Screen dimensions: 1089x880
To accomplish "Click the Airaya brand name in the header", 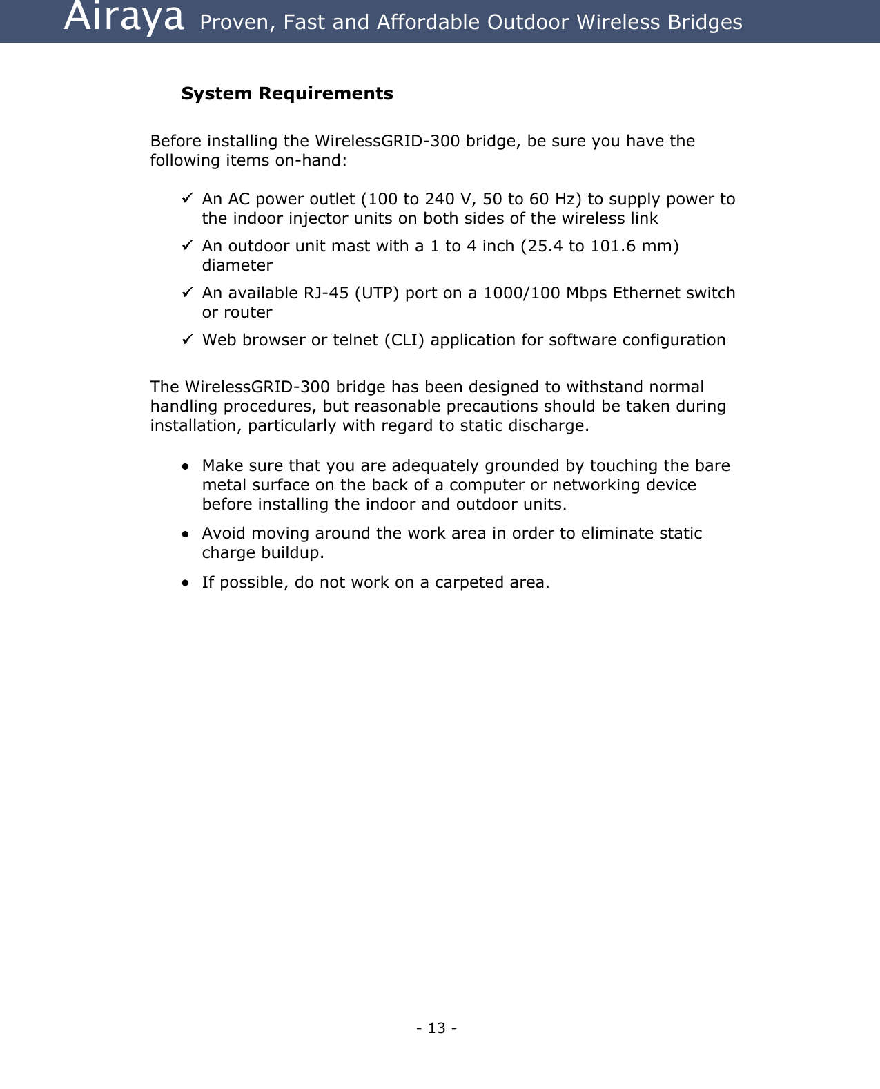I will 124,18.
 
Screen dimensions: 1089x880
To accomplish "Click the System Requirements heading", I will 287,93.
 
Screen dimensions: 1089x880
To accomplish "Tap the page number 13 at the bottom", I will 436,1028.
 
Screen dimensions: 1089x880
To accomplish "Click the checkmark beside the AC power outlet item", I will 187,198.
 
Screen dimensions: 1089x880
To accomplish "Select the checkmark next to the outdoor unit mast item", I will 187,245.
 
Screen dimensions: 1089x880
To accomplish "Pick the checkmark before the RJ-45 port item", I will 187,292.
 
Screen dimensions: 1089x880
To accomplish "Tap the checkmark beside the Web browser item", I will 187,339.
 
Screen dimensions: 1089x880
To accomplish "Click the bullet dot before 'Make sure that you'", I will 185,467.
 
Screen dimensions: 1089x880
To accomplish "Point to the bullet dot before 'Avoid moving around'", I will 185,534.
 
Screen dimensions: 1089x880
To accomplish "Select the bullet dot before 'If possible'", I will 185,584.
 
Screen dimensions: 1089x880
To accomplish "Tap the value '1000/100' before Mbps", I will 522,293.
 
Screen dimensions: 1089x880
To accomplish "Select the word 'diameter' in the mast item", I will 237,265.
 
